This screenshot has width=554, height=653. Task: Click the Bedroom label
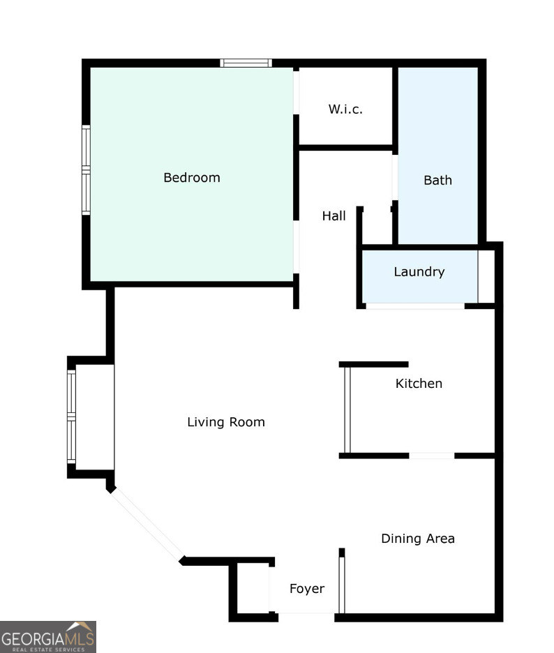click(x=192, y=178)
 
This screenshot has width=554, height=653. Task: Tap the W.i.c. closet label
click(x=345, y=110)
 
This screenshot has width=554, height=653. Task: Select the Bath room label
click(x=437, y=180)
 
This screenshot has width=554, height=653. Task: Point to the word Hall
click(x=334, y=216)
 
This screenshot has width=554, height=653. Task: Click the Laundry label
click(x=419, y=272)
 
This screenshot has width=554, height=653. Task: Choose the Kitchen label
click(x=419, y=384)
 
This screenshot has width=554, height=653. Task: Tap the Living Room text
click(x=226, y=422)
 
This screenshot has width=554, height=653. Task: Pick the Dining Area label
click(x=417, y=539)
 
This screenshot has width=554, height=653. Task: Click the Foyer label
click(x=307, y=589)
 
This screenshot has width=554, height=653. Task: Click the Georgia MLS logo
click(x=47, y=636)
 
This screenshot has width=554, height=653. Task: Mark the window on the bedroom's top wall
click(x=246, y=63)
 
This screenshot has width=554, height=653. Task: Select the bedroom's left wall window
click(x=86, y=169)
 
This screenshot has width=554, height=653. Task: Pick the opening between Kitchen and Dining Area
click(x=431, y=456)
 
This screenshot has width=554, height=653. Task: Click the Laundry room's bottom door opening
click(x=415, y=306)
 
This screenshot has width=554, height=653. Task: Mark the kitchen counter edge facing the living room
click(x=346, y=410)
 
